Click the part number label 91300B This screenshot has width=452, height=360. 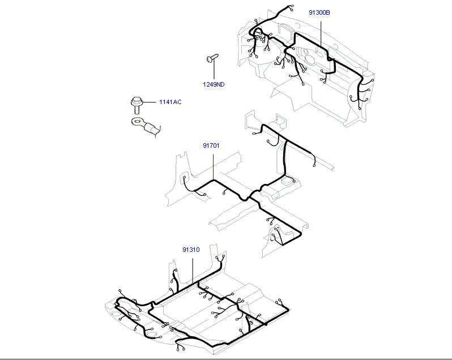319,12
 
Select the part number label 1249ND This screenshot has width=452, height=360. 214,84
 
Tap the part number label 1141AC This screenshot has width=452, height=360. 170,102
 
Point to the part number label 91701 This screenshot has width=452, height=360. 211,145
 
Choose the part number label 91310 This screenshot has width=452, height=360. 191,250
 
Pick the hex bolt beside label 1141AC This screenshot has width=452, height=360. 137,105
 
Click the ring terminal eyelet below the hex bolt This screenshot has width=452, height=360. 137,122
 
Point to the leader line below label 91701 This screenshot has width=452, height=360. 214,167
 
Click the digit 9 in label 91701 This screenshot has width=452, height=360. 204,145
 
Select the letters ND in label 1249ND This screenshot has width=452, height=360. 220,84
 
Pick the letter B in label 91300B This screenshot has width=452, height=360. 328,12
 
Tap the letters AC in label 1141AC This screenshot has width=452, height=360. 178,102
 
